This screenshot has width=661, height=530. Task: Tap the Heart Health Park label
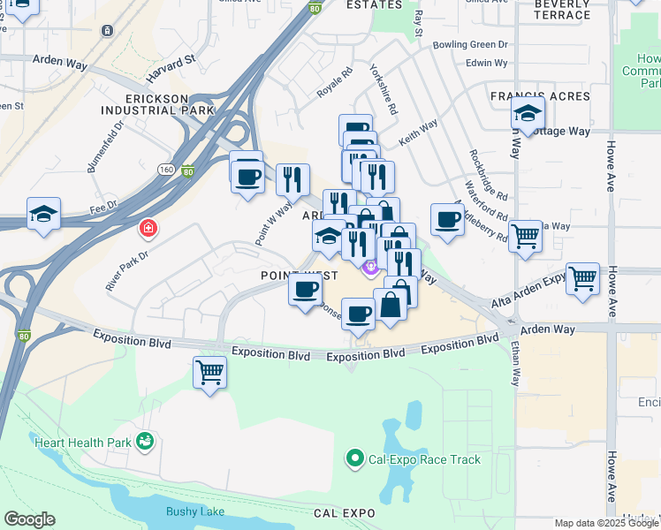click(81, 441)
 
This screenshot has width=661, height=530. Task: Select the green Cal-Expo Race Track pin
click(354, 458)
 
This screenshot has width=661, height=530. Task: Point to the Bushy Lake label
click(194, 511)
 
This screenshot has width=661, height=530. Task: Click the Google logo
click(29, 519)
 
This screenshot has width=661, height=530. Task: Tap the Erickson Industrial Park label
click(157, 103)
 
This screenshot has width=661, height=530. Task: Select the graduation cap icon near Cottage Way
click(528, 113)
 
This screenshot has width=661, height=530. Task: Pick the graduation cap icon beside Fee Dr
click(43, 214)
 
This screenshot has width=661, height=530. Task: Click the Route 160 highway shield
click(165, 169)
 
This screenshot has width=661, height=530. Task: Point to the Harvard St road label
click(171, 64)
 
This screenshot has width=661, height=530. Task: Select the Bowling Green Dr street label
click(470, 44)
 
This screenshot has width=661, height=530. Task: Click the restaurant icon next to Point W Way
click(293, 179)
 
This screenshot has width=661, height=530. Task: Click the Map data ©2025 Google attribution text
click(605, 523)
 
